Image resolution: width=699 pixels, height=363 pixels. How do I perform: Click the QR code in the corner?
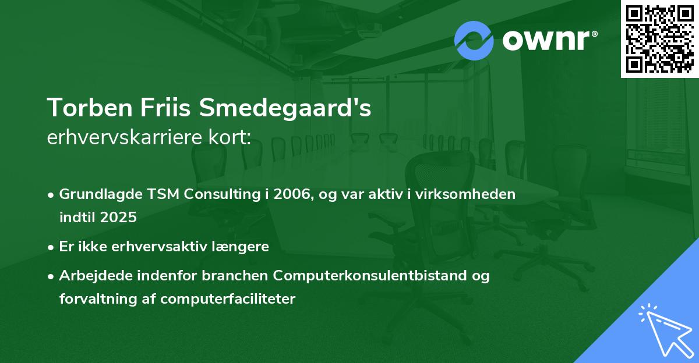click(x=659, y=39)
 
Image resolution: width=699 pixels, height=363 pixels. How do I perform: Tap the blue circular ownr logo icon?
click(x=474, y=40)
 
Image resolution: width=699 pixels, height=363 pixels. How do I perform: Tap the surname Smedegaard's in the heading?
click(x=285, y=108)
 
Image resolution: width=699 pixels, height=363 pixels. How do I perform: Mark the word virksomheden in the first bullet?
click(x=472, y=194)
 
